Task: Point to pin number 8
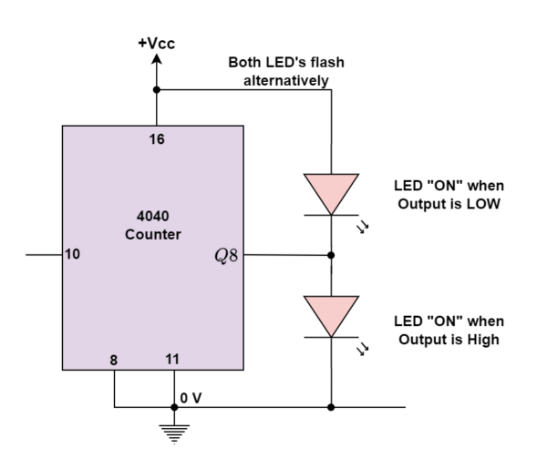(x=114, y=361)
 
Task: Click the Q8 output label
(x=225, y=256)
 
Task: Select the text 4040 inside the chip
(x=152, y=219)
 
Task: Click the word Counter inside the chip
(x=152, y=235)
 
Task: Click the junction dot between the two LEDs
(x=331, y=256)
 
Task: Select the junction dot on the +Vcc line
(x=157, y=89)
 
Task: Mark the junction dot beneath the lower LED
(x=331, y=407)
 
